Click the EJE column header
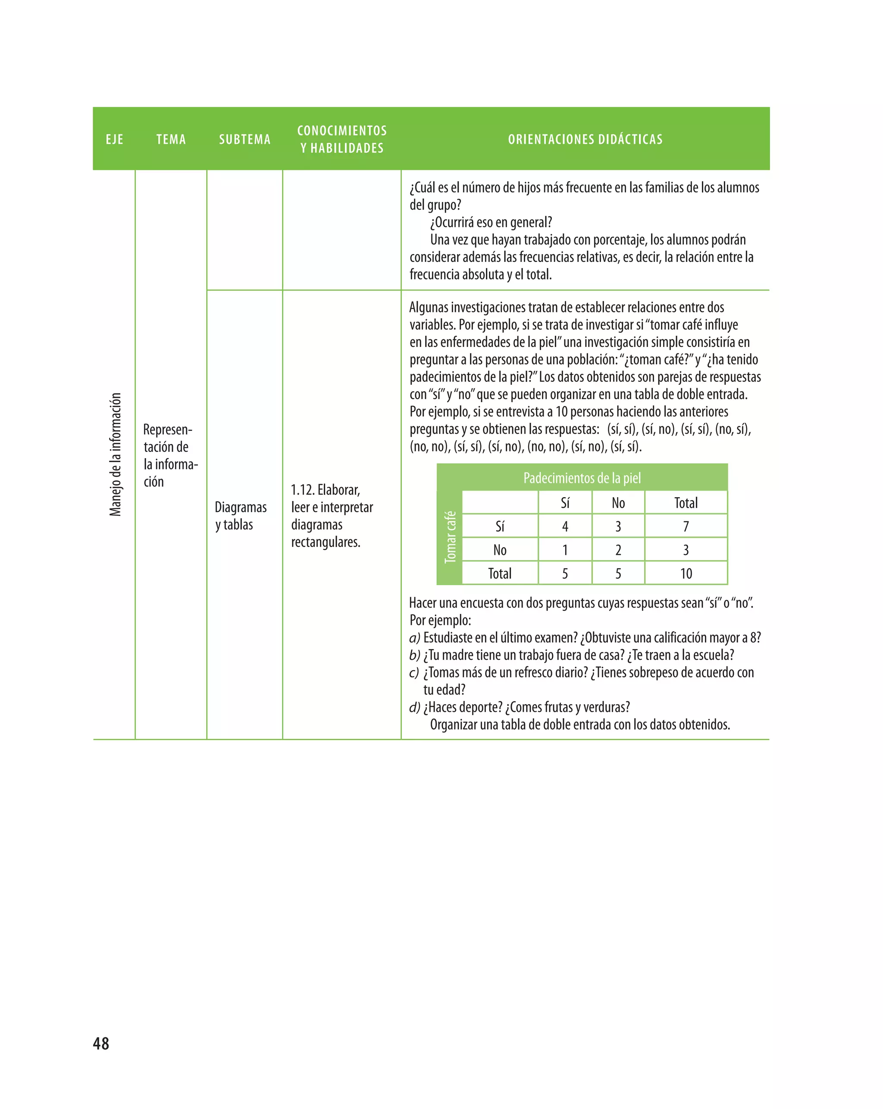click(x=114, y=139)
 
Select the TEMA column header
click(x=171, y=139)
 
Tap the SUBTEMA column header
click(x=244, y=139)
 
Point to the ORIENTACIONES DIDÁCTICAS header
click(x=585, y=139)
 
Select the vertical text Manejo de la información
click(x=116, y=454)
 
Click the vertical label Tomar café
click(x=450, y=536)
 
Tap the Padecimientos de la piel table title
click(x=582, y=478)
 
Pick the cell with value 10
click(x=686, y=573)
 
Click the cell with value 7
click(x=686, y=526)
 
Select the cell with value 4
click(x=565, y=526)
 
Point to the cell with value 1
click(x=565, y=550)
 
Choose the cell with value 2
click(x=618, y=550)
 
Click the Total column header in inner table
click(x=686, y=503)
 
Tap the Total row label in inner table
click(x=500, y=573)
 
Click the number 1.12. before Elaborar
click(x=302, y=490)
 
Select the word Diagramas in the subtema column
click(x=241, y=507)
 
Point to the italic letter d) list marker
click(x=414, y=707)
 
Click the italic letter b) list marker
click(x=414, y=655)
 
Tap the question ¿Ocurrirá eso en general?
click(x=491, y=222)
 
